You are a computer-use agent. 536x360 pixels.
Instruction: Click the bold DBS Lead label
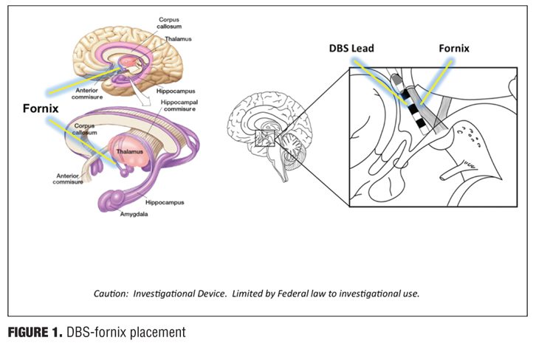pyautogui.click(x=351, y=49)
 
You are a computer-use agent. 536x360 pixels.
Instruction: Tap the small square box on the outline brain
pyautogui.click(x=264, y=139)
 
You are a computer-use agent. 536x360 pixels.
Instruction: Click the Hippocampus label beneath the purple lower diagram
pyautogui.click(x=165, y=202)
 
